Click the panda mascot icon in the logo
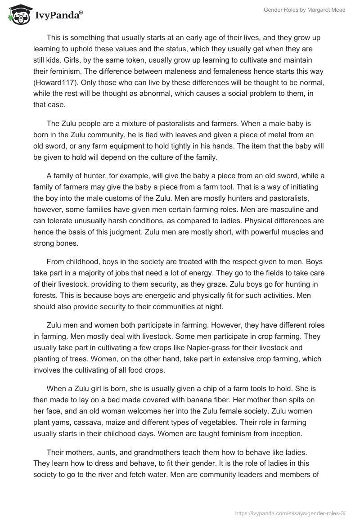click(x=17, y=15)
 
